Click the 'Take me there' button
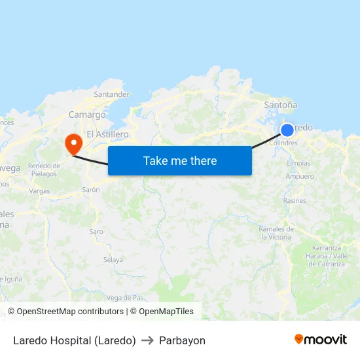coord(179,160)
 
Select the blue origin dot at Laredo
coord(287,130)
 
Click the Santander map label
coord(111,94)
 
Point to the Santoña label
coord(280,105)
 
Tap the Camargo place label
coord(87,115)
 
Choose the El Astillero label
coord(107,134)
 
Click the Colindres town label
coord(283,143)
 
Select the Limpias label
coord(298,163)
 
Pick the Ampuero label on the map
coord(300,177)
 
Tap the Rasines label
coord(295,201)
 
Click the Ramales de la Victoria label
coord(276,233)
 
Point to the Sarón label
coord(91,189)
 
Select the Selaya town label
coord(113,260)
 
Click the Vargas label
coord(40,191)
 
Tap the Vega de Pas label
coord(124,298)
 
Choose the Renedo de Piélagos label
coord(44,170)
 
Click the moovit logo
coord(321,340)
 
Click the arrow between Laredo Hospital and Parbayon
coord(147,340)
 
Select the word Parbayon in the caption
coord(182,340)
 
